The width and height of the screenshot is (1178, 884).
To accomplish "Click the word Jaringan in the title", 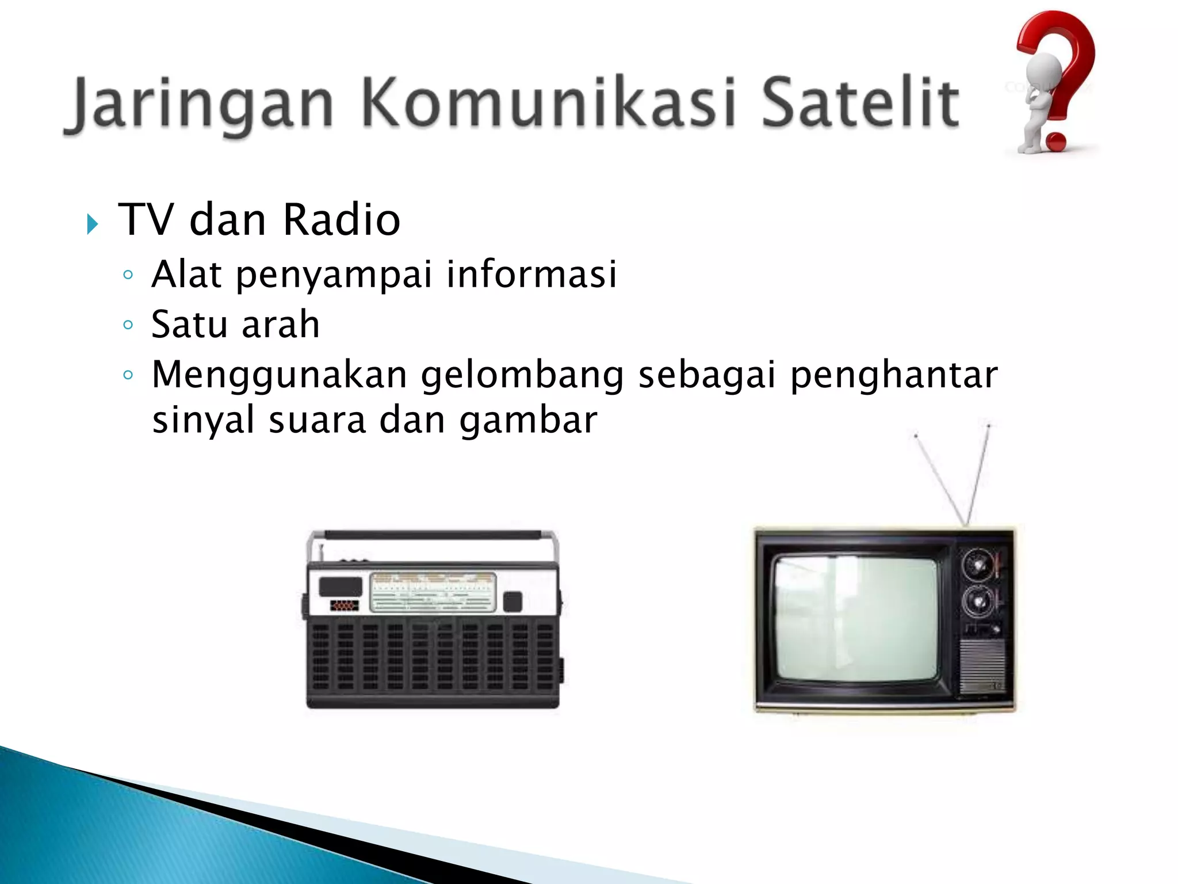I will tap(198, 104).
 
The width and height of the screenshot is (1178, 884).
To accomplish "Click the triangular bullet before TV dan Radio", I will tap(92, 223).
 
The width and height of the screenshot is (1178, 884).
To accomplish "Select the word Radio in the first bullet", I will tap(341, 220).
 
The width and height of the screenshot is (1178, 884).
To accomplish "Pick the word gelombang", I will tap(522, 375).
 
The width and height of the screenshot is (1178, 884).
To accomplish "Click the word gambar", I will tap(528, 420).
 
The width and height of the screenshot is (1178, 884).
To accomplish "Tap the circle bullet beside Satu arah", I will tap(128, 325).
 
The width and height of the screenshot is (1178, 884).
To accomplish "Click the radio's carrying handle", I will tap(433, 535).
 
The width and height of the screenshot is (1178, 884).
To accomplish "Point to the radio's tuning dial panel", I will tap(433, 591).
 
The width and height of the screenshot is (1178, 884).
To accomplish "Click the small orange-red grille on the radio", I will tap(344, 606).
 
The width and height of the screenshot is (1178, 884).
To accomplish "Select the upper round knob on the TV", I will tap(978, 564).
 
